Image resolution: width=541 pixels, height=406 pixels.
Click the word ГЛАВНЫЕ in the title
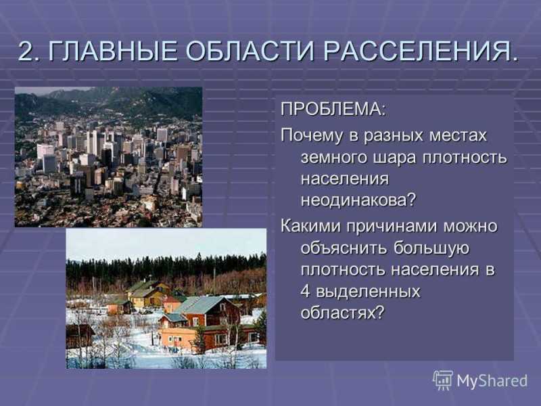[x=113, y=51]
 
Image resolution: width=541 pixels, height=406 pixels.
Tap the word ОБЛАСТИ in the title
[x=250, y=51]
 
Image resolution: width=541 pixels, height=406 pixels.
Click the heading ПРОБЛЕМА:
[x=333, y=110]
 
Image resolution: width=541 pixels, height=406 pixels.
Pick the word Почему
[x=312, y=135]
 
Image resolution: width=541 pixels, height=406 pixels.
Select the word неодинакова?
[x=359, y=200]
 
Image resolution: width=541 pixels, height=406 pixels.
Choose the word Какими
[x=310, y=227]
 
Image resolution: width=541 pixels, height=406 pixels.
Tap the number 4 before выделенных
[x=306, y=292]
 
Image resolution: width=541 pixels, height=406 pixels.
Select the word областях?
[x=342, y=313]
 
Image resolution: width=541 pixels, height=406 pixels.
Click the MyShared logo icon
[x=443, y=380]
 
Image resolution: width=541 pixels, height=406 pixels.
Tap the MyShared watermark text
[x=492, y=381]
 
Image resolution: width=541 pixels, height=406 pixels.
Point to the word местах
[x=458, y=135]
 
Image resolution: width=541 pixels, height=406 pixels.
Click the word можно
[x=470, y=227]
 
